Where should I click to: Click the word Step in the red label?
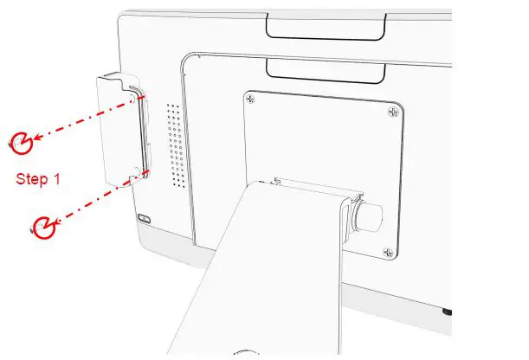pos(33,180)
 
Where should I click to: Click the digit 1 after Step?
pos(57,180)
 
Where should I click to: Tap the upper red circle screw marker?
pos(22,140)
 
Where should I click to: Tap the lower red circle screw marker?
pos(42,227)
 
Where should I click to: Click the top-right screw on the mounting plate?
pos(393,112)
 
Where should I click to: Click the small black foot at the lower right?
pos(446,311)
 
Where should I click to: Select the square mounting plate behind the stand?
pos(320,138)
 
